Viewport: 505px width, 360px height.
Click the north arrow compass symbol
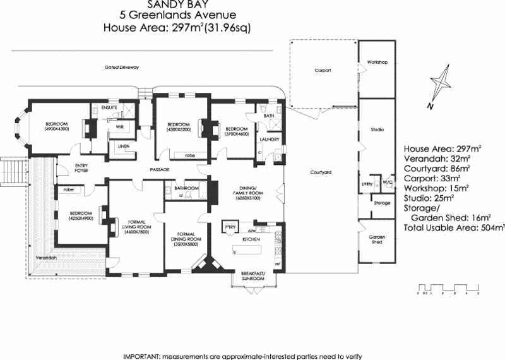pos(439,86)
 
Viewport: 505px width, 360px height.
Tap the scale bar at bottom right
pos(448,291)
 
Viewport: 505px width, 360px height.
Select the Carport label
pos(323,71)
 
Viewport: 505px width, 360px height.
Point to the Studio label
pos(377,129)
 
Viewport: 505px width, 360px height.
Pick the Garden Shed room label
pos(377,239)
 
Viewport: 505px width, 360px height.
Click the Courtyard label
pos(321,172)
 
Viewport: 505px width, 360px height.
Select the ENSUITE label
pos(109,107)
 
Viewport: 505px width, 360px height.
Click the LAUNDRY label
pos(270,139)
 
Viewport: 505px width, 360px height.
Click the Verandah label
pos(46,258)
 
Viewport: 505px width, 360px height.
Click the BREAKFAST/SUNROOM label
pos(254,276)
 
